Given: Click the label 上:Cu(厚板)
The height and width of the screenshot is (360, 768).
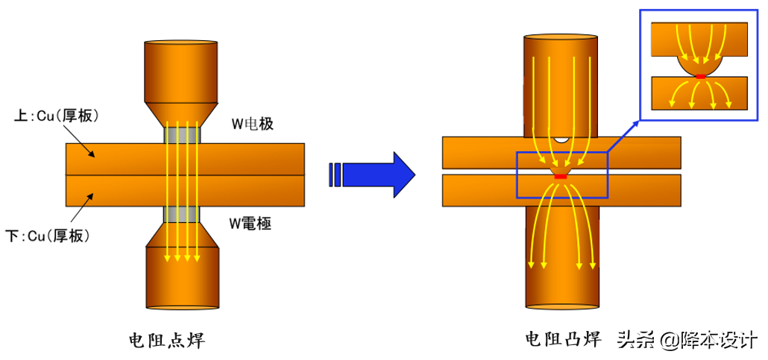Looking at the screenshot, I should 57,116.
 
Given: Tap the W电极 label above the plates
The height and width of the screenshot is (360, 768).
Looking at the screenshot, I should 252,124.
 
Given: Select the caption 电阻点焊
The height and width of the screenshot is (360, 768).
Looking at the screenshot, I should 166,341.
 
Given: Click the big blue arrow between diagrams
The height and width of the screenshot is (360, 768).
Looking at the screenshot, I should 373,174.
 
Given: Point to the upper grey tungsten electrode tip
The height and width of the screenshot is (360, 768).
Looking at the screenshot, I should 181,135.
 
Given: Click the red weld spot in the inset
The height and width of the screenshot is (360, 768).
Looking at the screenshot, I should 700,76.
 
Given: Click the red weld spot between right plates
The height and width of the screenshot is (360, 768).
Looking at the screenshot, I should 561,176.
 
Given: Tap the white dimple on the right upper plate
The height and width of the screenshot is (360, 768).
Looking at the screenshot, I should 561,139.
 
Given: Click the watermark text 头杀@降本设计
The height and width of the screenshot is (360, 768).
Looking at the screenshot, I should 687,340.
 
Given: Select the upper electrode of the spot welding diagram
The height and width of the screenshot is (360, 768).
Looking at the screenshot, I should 181,71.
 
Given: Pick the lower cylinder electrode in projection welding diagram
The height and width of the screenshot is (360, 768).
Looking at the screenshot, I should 561,257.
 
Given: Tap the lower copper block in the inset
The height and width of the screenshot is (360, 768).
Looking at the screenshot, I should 700,94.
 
